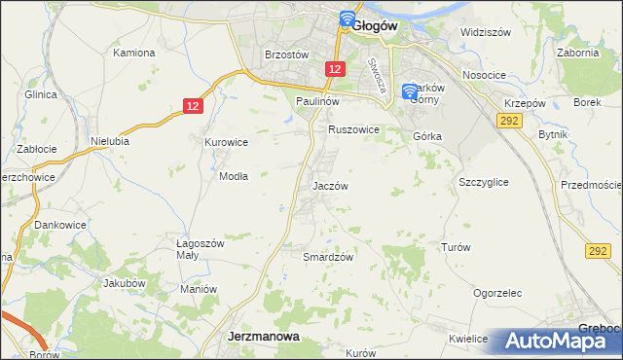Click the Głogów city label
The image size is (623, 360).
pos(376,26)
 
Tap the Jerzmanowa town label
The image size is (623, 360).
pos(263,336)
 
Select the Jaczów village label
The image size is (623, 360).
pos(330,185)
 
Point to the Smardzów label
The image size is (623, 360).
pos(328,257)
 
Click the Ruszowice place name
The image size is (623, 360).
pos(352,128)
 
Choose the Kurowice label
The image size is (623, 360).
pos(226,142)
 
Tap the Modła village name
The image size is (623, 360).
pos(234,176)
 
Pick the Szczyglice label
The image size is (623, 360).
pos(484,182)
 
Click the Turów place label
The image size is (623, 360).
pos(456,247)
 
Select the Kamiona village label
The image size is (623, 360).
pos(135,53)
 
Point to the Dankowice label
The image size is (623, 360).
pos(60,225)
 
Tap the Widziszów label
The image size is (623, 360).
pos(486,32)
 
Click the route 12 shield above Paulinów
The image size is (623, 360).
pos(335,68)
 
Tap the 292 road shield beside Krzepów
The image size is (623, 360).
pos(508,119)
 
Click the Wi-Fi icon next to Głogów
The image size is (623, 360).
pos(347,18)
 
